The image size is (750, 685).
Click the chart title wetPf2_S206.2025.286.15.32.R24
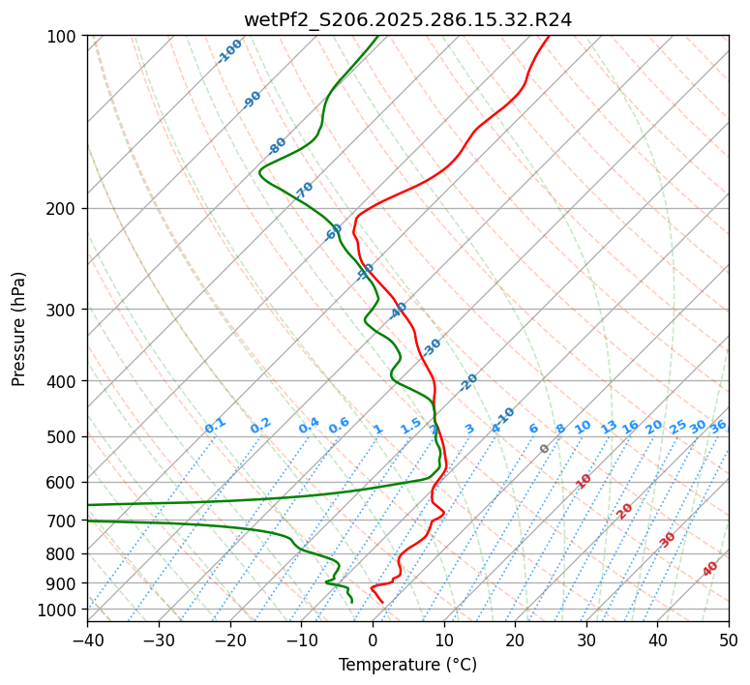(407, 19)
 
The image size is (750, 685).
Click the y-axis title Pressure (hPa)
(19, 328)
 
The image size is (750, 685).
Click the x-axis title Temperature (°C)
(407, 665)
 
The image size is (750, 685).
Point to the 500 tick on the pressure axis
(63, 436)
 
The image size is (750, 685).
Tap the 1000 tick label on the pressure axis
(59, 610)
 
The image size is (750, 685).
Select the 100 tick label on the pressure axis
(63, 36)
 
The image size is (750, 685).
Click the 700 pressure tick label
(63, 521)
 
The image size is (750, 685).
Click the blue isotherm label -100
(229, 51)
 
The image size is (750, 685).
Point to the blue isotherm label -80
(278, 146)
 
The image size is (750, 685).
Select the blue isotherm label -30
(432, 346)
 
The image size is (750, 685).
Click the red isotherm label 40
(710, 569)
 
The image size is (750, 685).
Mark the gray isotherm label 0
(545, 449)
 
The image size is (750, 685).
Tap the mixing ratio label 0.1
(215, 426)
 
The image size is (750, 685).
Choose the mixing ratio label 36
(718, 426)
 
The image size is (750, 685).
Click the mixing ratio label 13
(609, 427)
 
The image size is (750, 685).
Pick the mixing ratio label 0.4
(309, 426)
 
